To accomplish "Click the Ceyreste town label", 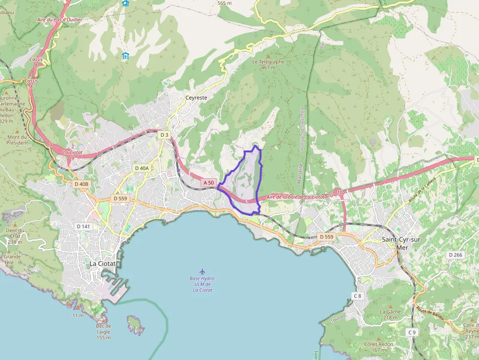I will (x=196, y=98).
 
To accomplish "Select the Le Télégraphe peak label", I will (x=268, y=62).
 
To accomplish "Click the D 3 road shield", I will (x=164, y=135).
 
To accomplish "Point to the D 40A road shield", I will (x=141, y=168).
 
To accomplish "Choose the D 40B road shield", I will (x=82, y=184).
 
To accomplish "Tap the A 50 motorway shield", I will (x=208, y=183).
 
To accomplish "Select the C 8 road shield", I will (x=358, y=296).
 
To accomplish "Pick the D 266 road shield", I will (x=455, y=255).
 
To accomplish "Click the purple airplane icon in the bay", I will (x=202, y=271).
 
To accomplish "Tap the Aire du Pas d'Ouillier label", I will (x=60, y=20).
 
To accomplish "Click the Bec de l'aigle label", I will (x=104, y=332).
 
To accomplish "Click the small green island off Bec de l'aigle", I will (x=135, y=324).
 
